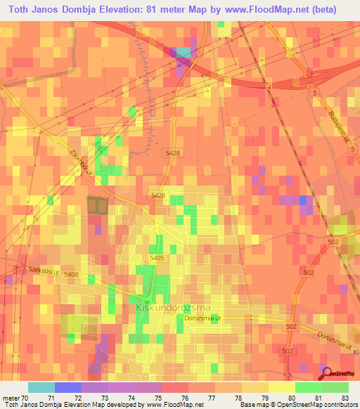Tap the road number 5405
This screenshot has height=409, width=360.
click(x=157, y=258)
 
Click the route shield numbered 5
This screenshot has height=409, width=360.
click(x=315, y=93)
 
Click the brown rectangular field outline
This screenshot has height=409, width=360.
click(x=97, y=206)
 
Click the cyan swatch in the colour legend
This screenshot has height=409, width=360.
click(x=41, y=387)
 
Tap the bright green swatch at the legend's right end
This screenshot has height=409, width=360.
click(x=335, y=387)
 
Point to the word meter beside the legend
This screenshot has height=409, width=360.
click(x=11, y=397)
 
